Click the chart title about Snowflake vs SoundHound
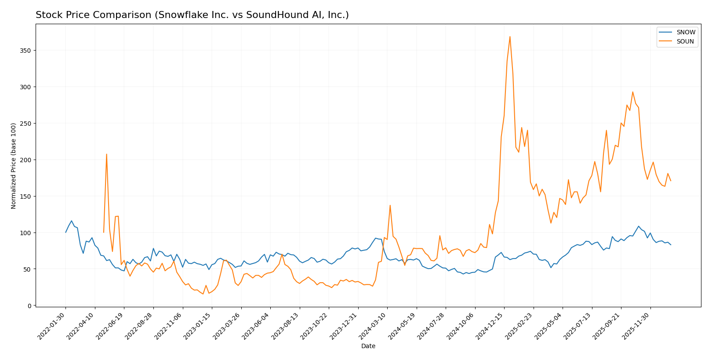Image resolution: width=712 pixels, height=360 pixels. click(x=192, y=15)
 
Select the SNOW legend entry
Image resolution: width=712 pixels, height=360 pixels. click(x=685, y=32)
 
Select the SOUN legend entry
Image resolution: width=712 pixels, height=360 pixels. click(x=685, y=42)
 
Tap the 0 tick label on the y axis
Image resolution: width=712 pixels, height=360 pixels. click(x=29, y=305)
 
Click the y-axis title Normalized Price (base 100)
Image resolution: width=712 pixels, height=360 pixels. click(x=14, y=166)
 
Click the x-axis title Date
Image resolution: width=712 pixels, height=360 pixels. click(x=368, y=346)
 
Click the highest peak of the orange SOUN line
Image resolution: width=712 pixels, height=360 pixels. click(x=510, y=36)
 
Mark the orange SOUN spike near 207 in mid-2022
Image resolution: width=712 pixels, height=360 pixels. click(x=106, y=154)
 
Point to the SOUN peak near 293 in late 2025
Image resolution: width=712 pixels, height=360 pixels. click(x=632, y=92)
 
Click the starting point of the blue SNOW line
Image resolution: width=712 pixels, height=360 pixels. click(x=66, y=232)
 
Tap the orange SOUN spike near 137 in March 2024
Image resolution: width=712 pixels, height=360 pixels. click(x=390, y=205)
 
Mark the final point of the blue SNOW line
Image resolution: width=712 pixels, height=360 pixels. click(x=670, y=244)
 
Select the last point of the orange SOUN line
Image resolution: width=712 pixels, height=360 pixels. click(x=670, y=181)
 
